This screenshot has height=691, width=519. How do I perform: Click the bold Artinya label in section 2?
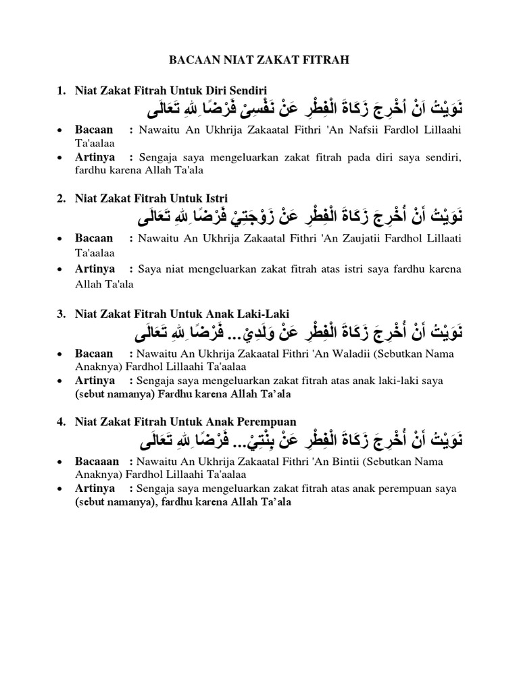[x=95, y=269]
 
